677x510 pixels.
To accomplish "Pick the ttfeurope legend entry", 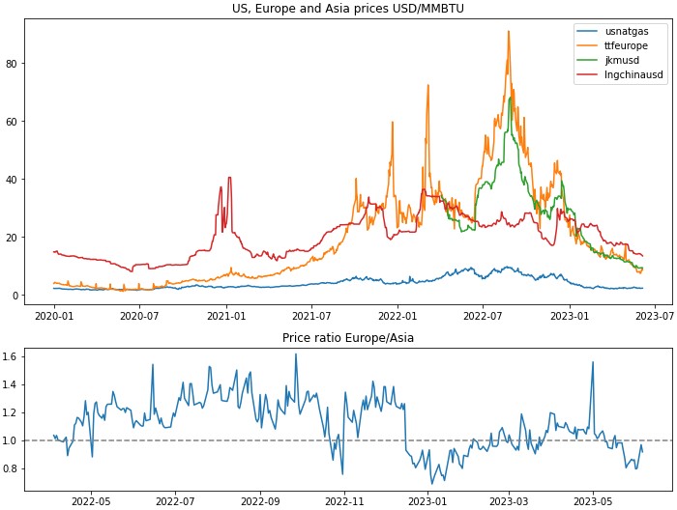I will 625,45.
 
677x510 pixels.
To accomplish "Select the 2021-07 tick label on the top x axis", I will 311,315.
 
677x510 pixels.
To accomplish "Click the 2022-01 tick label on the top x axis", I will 397,315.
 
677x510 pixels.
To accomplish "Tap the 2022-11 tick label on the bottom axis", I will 344,501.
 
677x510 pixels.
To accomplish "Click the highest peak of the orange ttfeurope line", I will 509,32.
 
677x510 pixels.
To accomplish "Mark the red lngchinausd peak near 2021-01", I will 229,178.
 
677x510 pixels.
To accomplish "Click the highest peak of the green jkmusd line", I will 511,98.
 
